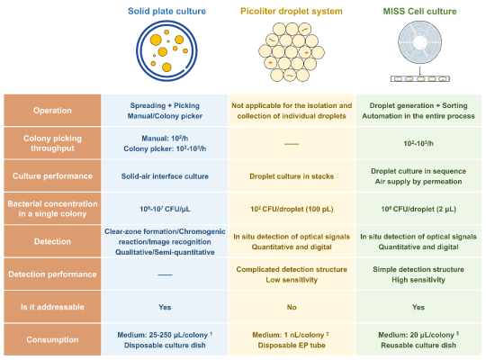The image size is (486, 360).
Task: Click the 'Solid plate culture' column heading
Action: tap(166, 11)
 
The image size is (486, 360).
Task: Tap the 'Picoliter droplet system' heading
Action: tap(292, 11)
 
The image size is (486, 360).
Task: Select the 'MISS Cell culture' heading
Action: tap(419, 11)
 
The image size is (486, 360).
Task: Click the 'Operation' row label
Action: tap(52, 111)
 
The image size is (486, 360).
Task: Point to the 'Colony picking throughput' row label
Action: tap(52, 143)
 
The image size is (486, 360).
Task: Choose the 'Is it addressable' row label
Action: tap(52, 307)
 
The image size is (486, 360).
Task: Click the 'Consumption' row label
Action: tap(52, 339)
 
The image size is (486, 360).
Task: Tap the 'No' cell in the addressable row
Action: tap(292, 307)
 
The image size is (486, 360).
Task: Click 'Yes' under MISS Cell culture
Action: tap(418, 307)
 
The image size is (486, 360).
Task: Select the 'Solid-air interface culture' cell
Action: tap(165, 176)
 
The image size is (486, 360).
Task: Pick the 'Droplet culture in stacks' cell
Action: tap(292, 176)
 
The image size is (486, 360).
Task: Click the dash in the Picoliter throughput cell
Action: tap(292, 144)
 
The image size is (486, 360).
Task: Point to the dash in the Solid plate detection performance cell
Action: tap(165, 274)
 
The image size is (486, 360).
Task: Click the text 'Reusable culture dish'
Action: tap(418, 345)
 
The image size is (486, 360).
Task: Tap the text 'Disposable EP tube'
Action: tap(292, 345)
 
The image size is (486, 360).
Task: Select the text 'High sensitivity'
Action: tap(418, 280)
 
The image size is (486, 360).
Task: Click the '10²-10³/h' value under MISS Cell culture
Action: tap(418, 143)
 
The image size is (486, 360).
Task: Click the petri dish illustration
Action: tap(166, 51)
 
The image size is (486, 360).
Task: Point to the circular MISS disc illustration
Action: tap(420, 42)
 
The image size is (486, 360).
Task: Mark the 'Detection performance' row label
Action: tap(52, 274)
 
